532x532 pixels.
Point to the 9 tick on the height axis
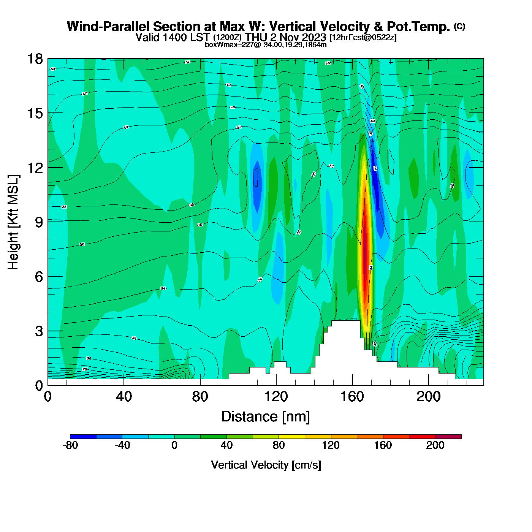click(x=48, y=222)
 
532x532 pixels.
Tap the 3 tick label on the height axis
click(x=39, y=331)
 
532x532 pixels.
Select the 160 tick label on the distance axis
click(x=352, y=397)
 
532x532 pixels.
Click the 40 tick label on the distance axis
click(x=124, y=397)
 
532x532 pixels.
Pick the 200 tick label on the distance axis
click(x=428, y=397)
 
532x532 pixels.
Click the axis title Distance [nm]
click(x=266, y=417)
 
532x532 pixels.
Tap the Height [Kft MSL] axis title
click(x=14, y=222)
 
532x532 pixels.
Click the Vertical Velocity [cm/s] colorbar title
click(x=266, y=465)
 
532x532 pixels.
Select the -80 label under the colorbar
click(x=70, y=445)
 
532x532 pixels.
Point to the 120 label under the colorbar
click(x=331, y=445)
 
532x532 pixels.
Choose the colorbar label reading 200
click(x=435, y=445)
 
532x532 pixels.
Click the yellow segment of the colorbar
click(x=291, y=437)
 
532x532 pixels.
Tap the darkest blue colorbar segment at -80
click(x=83, y=437)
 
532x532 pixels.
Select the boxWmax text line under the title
click(x=266, y=45)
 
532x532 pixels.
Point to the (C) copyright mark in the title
click(x=459, y=26)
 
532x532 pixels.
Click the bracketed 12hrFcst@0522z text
click(x=363, y=38)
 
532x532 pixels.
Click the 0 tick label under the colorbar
click(x=174, y=445)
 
